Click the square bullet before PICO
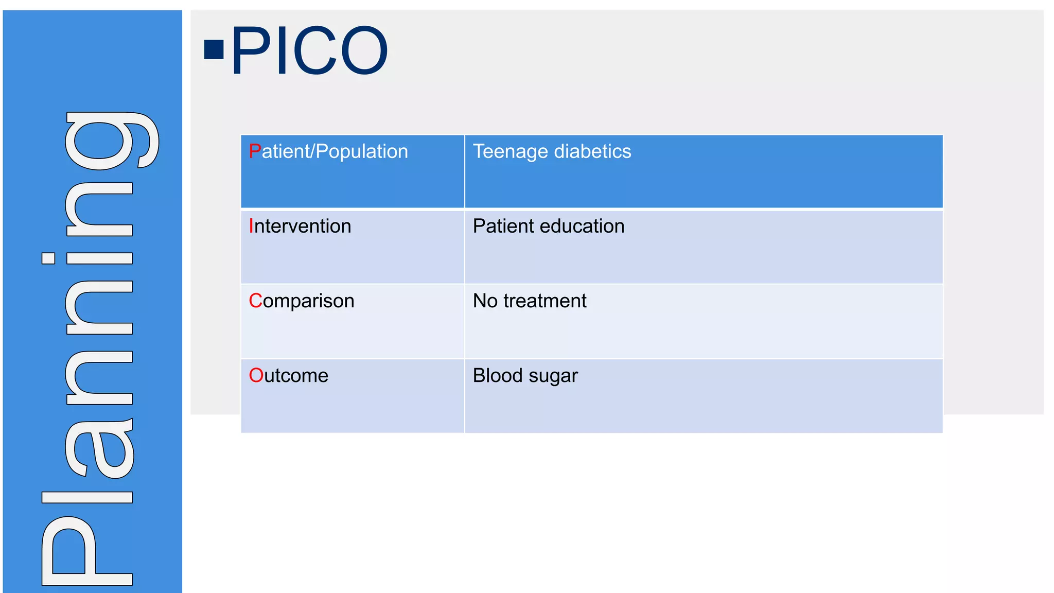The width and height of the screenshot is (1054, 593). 214,50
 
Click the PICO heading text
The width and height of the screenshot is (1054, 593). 309,50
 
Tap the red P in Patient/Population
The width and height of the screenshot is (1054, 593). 254,151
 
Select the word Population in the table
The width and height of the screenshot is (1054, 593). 362,152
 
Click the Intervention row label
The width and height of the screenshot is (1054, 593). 300,226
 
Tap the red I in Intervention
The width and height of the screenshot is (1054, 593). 251,226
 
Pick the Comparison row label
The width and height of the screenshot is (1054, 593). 302,301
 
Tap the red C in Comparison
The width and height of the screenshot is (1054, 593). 255,301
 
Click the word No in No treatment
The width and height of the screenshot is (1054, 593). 485,301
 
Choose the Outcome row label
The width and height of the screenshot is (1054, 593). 289,376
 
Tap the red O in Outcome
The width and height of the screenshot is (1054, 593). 256,376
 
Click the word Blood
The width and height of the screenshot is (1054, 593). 497,376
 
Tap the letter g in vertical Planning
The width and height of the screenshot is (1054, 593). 111,140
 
